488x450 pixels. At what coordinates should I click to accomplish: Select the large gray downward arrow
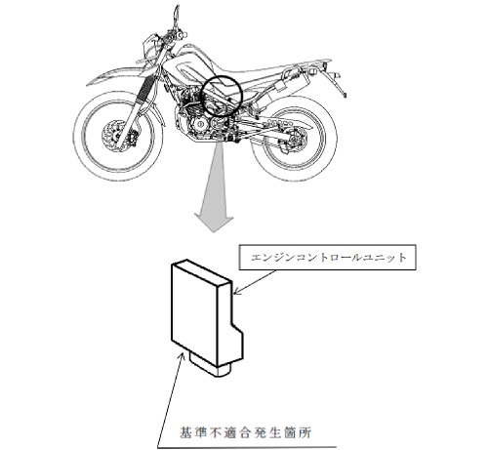pyautogui.click(x=215, y=185)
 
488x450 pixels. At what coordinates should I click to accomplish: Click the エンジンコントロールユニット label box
pyautogui.click(x=328, y=258)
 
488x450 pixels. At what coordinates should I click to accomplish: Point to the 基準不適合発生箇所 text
pyautogui.click(x=246, y=433)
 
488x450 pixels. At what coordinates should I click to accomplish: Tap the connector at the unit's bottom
pyautogui.click(x=210, y=366)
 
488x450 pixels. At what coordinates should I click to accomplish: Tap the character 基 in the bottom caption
pyautogui.click(x=185, y=433)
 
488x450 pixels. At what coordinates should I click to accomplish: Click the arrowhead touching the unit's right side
pyautogui.click(x=238, y=291)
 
